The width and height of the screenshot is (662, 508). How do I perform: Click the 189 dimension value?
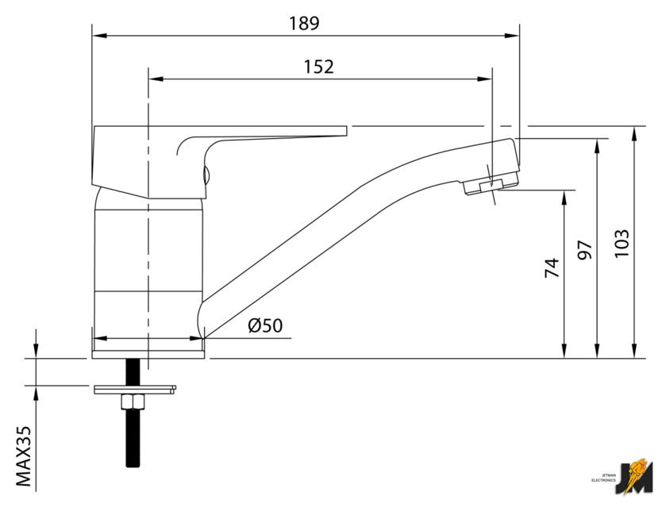[x=304, y=23]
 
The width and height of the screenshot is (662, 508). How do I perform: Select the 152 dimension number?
[x=319, y=67]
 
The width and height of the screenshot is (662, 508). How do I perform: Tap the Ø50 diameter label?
[x=265, y=325]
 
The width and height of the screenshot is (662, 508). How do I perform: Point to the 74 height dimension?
[x=552, y=267]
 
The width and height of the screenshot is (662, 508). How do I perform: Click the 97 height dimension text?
[x=585, y=249]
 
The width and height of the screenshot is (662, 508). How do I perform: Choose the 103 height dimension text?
[x=622, y=244]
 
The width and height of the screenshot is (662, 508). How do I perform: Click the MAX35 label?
[x=24, y=456]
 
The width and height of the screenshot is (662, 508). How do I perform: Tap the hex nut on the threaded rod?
[x=133, y=402]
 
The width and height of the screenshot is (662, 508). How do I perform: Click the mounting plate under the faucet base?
[x=135, y=390]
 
